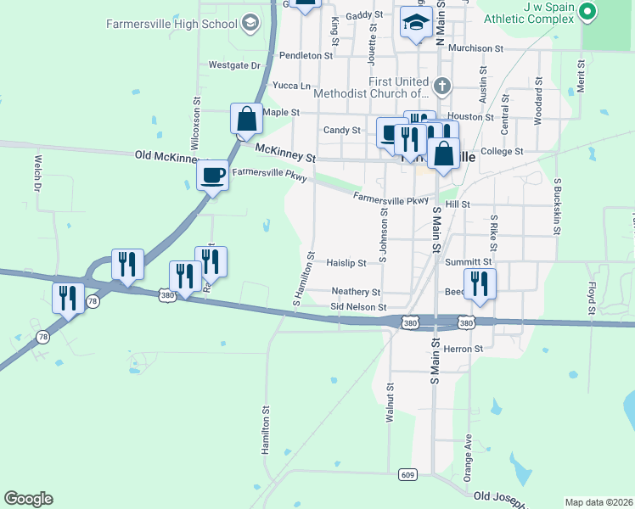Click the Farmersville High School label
(171, 24)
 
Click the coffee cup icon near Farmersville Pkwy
(212, 176)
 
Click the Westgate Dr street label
(233, 64)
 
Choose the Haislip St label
(346, 264)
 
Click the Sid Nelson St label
(358, 307)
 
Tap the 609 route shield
(407, 474)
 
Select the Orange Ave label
(468, 458)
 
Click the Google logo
(28, 499)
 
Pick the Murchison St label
(475, 48)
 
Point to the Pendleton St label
(306, 55)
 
